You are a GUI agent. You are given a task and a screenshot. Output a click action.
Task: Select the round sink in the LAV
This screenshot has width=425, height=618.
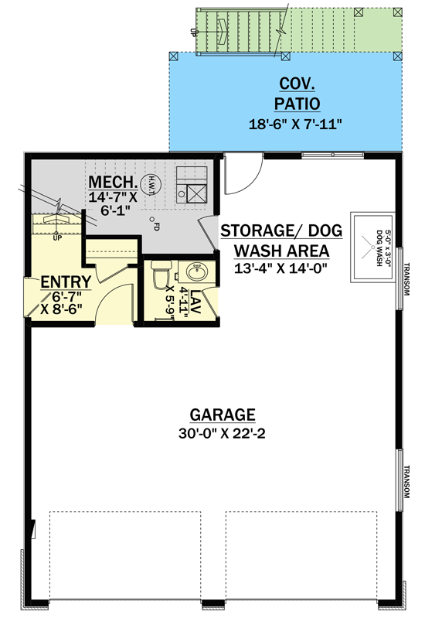[x=195, y=273]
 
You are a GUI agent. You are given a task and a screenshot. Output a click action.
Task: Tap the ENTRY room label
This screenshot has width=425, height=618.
[x=66, y=282]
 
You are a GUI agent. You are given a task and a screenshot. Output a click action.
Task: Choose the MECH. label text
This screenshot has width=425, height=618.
[x=114, y=183]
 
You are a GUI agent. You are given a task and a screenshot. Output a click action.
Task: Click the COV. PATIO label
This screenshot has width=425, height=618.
[x=286, y=94]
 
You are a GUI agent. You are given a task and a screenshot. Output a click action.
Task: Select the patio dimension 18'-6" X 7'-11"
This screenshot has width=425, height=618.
[x=286, y=123]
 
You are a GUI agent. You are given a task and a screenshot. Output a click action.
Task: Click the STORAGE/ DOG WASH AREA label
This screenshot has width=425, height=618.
[x=275, y=241]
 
